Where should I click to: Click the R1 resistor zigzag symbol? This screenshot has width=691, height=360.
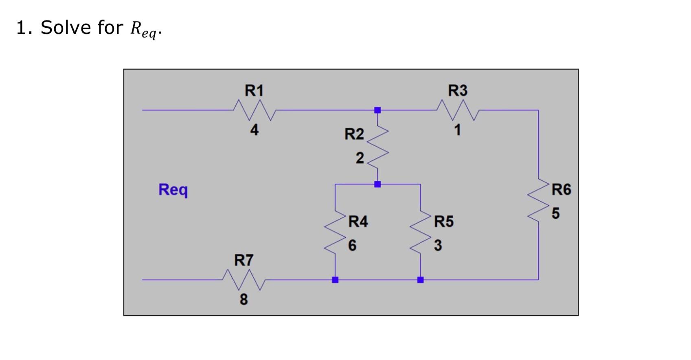(254, 110)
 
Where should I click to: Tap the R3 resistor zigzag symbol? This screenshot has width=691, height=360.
(458, 110)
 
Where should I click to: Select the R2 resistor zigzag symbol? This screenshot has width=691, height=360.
(377, 147)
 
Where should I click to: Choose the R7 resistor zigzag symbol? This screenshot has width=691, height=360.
(244, 280)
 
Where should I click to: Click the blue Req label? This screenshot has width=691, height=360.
(173, 190)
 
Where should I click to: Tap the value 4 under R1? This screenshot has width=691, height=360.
(254, 130)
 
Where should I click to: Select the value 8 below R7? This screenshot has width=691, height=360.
(243, 299)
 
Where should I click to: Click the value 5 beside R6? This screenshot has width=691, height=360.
(556, 213)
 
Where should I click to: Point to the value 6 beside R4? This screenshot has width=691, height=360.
(352, 246)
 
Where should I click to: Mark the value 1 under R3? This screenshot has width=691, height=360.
(458, 130)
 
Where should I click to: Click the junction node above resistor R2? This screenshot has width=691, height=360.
(377, 110)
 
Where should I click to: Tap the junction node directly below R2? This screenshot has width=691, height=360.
(377, 184)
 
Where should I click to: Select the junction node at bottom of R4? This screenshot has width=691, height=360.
(335, 280)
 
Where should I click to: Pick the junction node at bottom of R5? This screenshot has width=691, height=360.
(421, 280)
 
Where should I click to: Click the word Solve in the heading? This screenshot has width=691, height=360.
(66, 28)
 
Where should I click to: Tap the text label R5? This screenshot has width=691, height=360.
(443, 222)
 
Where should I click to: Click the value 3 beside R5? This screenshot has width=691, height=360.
(438, 246)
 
